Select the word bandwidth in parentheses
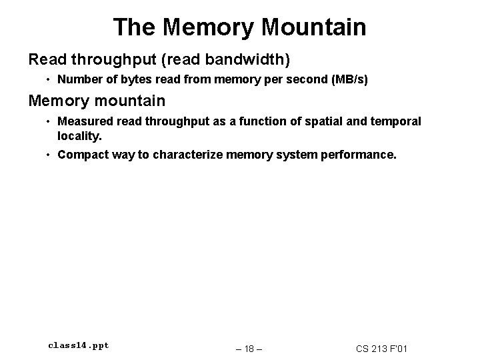click(248, 60)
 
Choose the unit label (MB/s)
click(347, 80)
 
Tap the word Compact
click(82, 155)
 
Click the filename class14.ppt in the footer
click(79, 345)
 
